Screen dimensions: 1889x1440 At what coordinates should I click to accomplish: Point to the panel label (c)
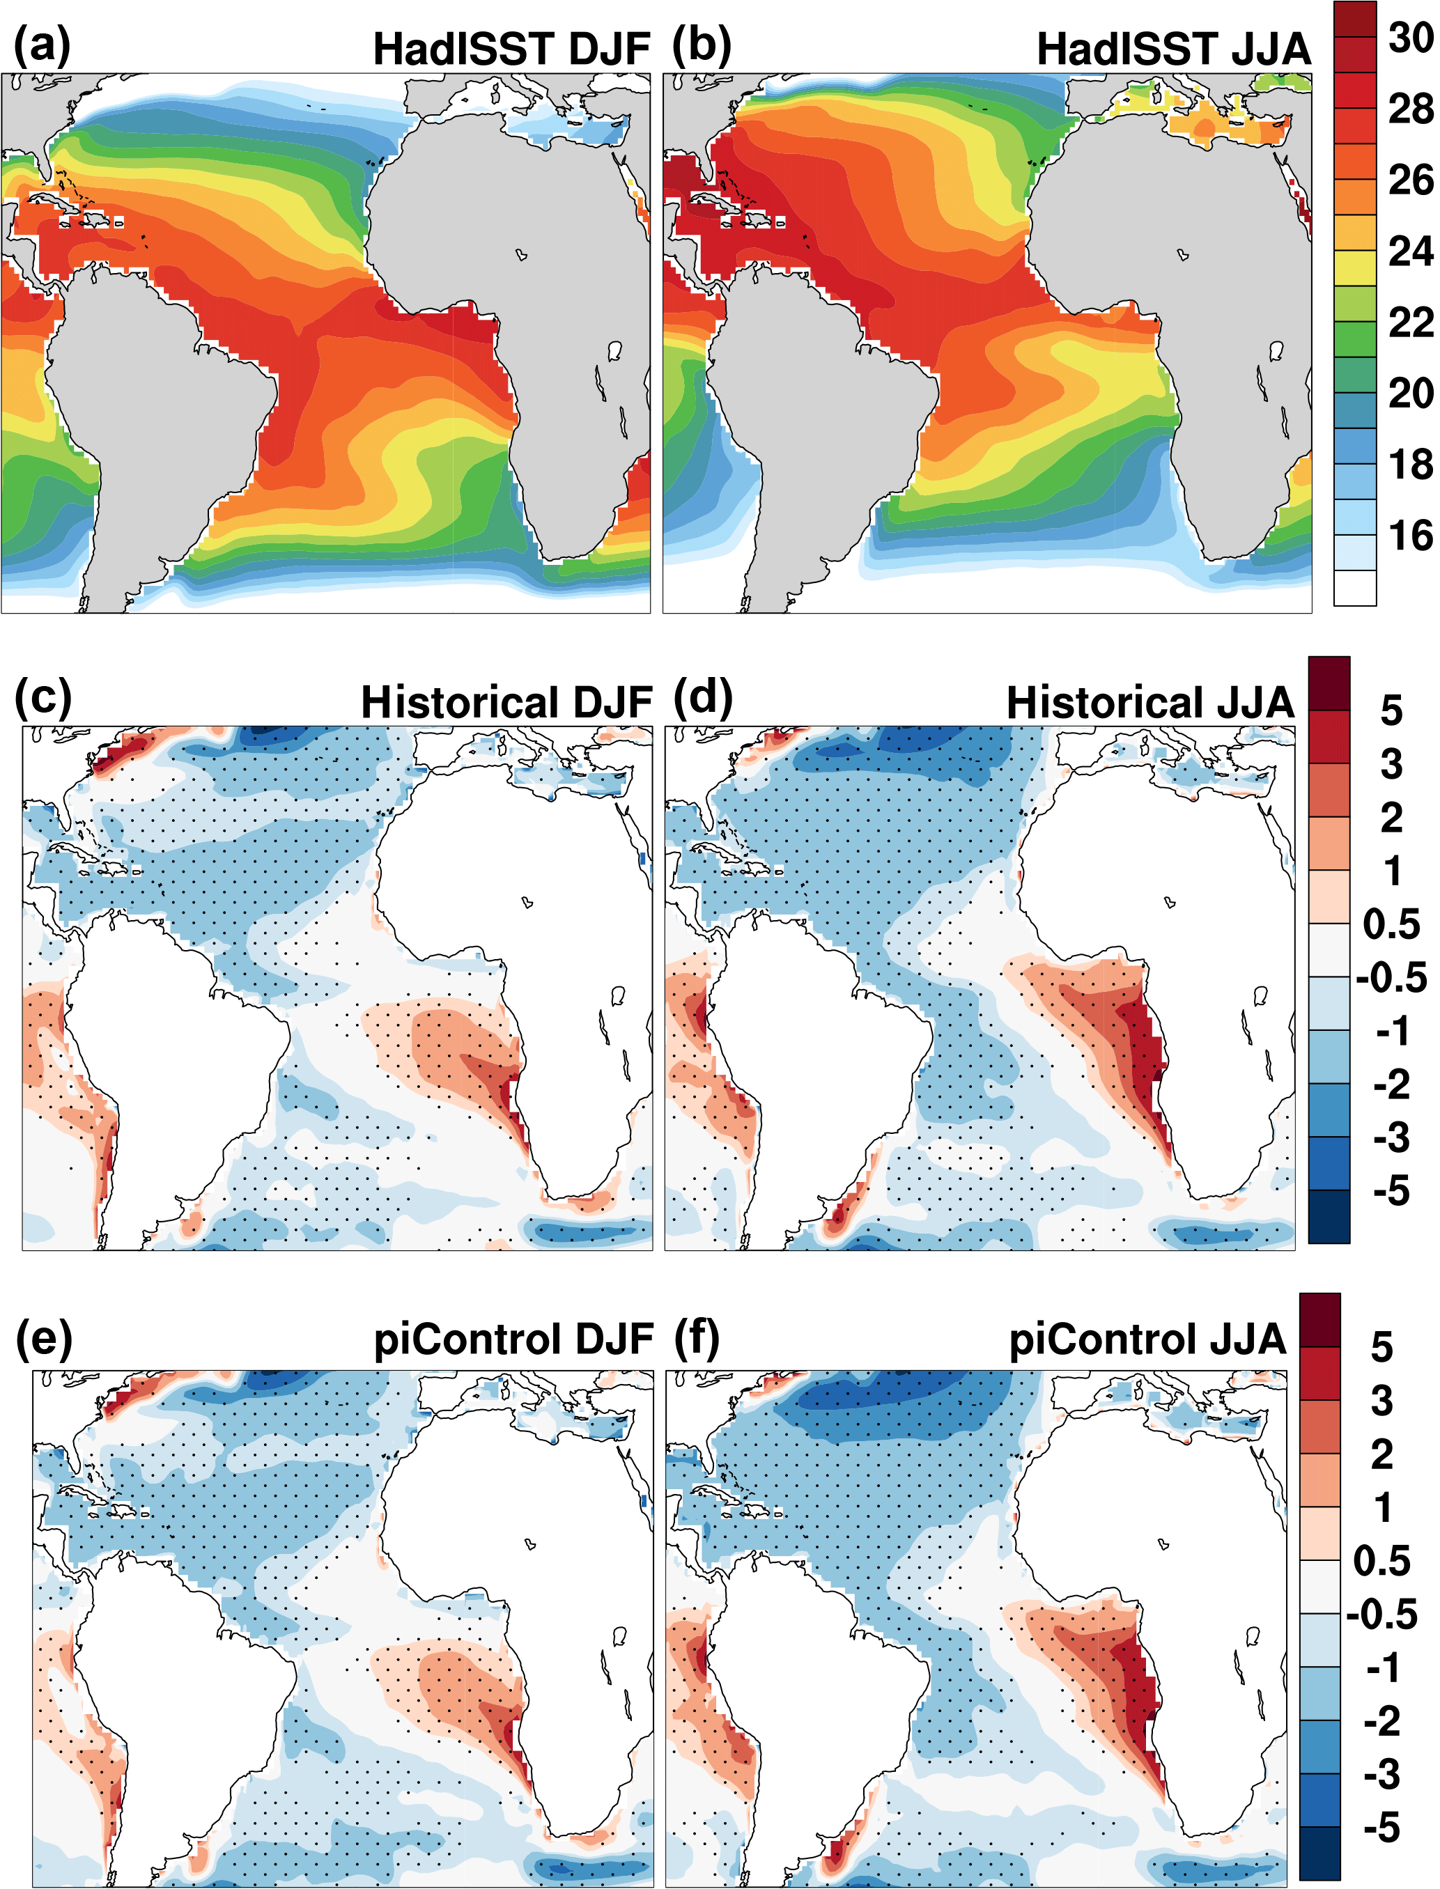(x=43, y=699)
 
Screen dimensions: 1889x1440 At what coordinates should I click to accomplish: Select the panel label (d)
(x=703, y=699)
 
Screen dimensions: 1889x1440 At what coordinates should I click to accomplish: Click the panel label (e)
(x=44, y=1338)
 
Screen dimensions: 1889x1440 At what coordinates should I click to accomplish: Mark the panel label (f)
(x=697, y=1338)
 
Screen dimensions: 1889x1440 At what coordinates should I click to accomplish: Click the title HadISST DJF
(x=512, y=49)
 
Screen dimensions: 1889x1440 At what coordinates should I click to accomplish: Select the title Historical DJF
(x=506, y=703)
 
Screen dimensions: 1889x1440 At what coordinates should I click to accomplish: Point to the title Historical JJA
(x=1149, y=703)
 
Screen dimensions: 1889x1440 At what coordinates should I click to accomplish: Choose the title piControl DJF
(x=514, y=1339)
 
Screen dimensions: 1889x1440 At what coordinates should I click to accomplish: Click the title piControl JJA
(x=1147, y=1339)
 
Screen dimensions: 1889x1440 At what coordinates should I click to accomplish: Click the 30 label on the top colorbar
(x=1411, y=38)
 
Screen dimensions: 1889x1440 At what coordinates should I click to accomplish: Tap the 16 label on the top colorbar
(x=1411, y=536)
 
